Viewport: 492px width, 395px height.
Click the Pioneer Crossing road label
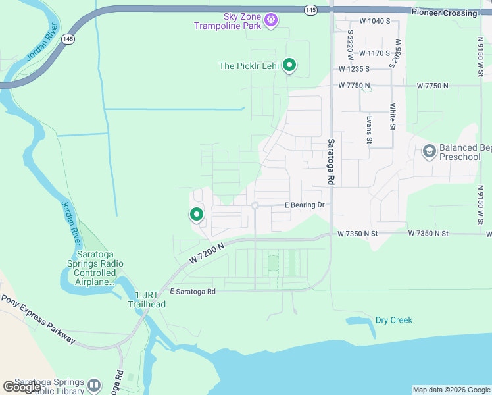pos(444,13)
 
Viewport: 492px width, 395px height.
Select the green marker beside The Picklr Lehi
pos(289,65)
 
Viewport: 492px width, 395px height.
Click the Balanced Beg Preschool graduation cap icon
pos(429,152)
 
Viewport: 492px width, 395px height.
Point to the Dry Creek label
pos(393,321)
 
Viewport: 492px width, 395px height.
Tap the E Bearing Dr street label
pos(305,205)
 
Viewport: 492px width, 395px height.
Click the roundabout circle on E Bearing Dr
pos(255,206)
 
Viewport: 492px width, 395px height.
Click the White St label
pos(393,117)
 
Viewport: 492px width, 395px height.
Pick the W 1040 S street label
pos(376,21)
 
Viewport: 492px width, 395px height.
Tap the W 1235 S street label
pos(358,69)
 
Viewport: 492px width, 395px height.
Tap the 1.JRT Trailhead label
pos(147,300)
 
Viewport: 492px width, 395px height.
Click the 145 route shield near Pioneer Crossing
pos(311,9)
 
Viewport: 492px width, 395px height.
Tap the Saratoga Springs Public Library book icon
pos(94,385)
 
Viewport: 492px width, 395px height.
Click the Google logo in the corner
pos(22,387)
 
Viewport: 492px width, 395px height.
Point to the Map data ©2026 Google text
pos(451,390)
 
